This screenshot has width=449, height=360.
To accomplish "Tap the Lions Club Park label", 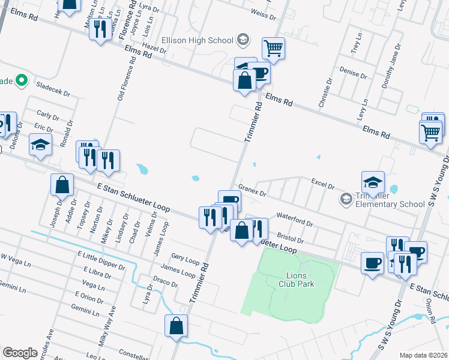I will (x=293, y=279).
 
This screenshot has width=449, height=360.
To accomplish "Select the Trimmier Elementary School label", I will (x=391, y=200).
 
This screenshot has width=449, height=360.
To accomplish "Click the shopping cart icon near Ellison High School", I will (x=273, y=48).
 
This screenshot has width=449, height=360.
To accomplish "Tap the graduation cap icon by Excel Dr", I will (x=373, y=182).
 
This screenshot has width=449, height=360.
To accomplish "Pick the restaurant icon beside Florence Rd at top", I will (x=100, y=29).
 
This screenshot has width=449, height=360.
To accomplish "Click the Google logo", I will (x=20, y=353).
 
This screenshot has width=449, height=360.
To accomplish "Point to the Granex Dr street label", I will (x=252, y=190).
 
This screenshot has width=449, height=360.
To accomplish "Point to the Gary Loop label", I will (x=185, y=260).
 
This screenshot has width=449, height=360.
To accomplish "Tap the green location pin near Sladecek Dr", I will (x=22, y=79).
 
